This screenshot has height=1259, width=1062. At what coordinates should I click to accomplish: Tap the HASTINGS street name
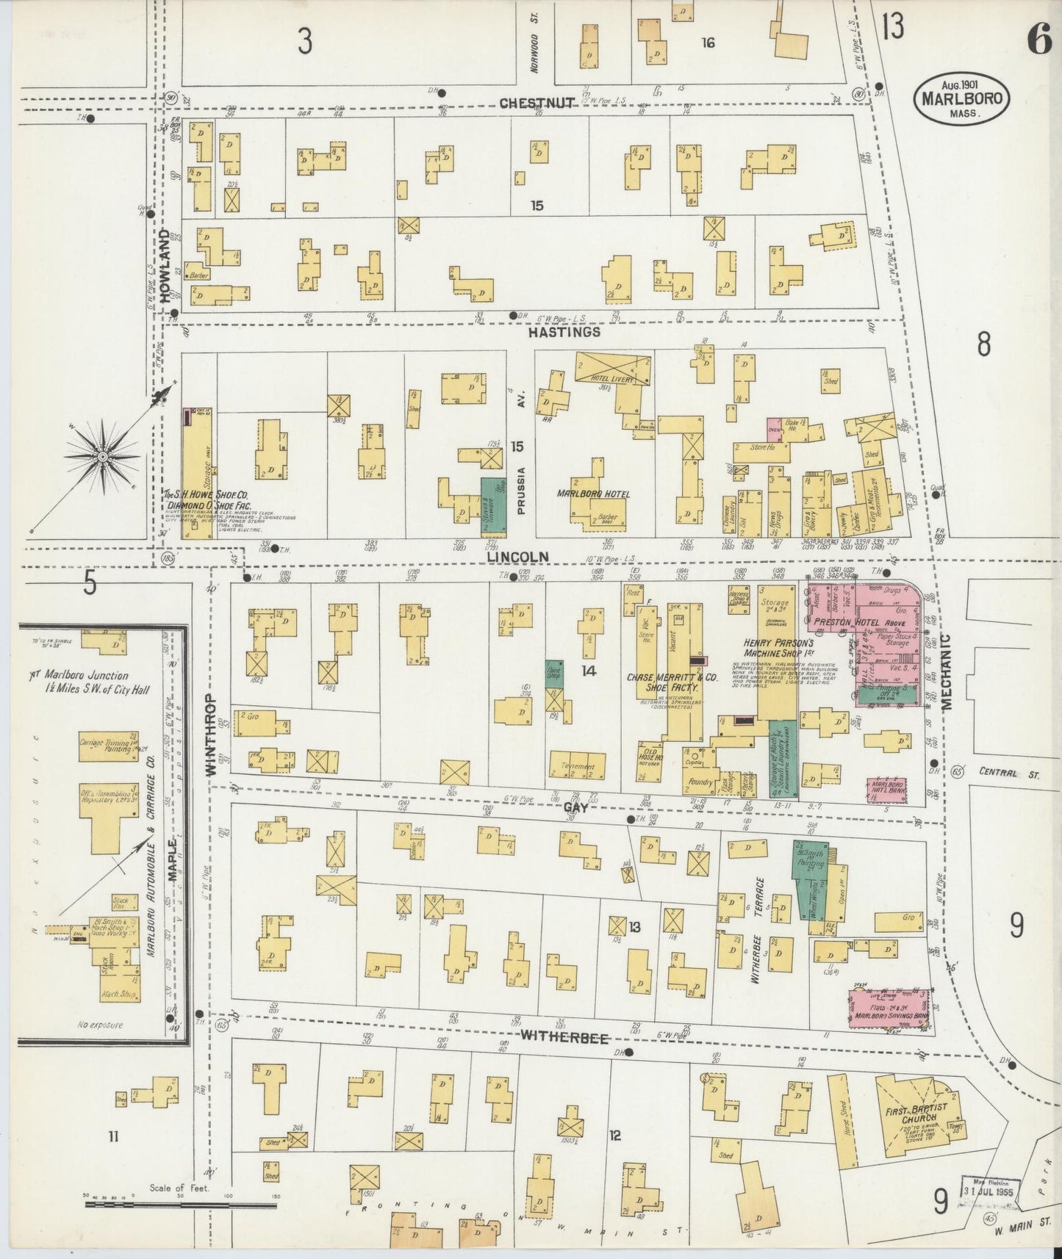564,332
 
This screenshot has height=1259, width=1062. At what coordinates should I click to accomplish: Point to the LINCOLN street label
518,558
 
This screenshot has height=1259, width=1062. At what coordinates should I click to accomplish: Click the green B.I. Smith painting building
810,880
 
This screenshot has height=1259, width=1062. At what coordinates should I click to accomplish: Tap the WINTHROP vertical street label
211,735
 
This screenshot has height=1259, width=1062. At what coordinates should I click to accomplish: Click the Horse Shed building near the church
839,1111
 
